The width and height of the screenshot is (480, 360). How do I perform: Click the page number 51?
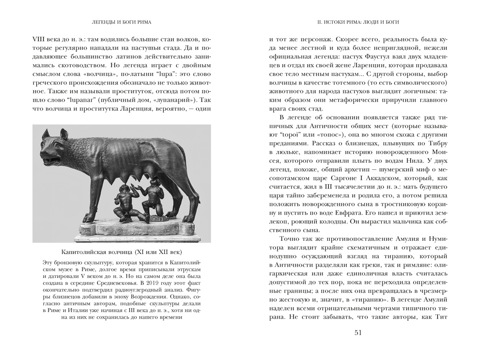(x=358, y=333)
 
